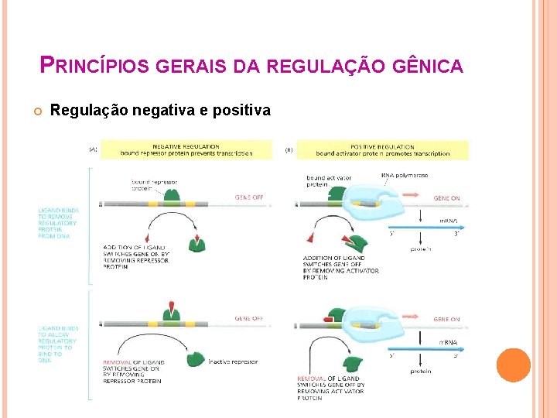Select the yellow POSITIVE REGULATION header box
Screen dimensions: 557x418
[382, 149]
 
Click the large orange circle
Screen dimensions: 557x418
[513, 365]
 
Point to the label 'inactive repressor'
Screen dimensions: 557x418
[234, 361]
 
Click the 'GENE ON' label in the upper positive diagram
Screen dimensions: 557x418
[446, 198]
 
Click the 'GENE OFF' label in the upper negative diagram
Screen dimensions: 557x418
[248, 197]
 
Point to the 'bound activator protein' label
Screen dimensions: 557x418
[328, 181]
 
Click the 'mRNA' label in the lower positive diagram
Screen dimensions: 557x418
[448, 342]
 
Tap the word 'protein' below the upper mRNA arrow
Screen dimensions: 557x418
[420, 248]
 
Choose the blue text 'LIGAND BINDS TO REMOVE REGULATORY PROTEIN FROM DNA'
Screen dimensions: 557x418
[58, 222]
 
